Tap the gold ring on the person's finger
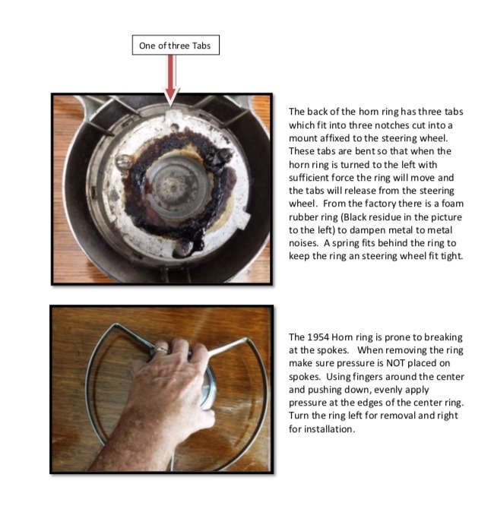(161, 349)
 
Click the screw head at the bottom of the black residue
(183, 247)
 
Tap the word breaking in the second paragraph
(442, 337)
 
